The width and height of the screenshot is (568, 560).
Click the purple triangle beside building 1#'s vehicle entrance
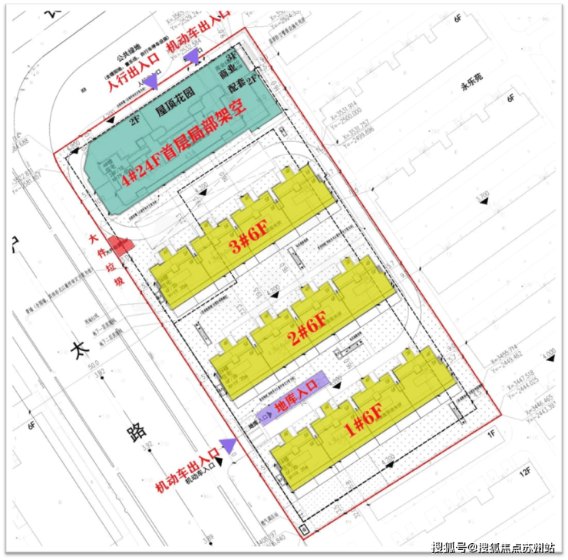click(x=227, y=444)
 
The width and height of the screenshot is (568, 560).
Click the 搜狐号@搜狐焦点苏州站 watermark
click(x=493, y=547)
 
